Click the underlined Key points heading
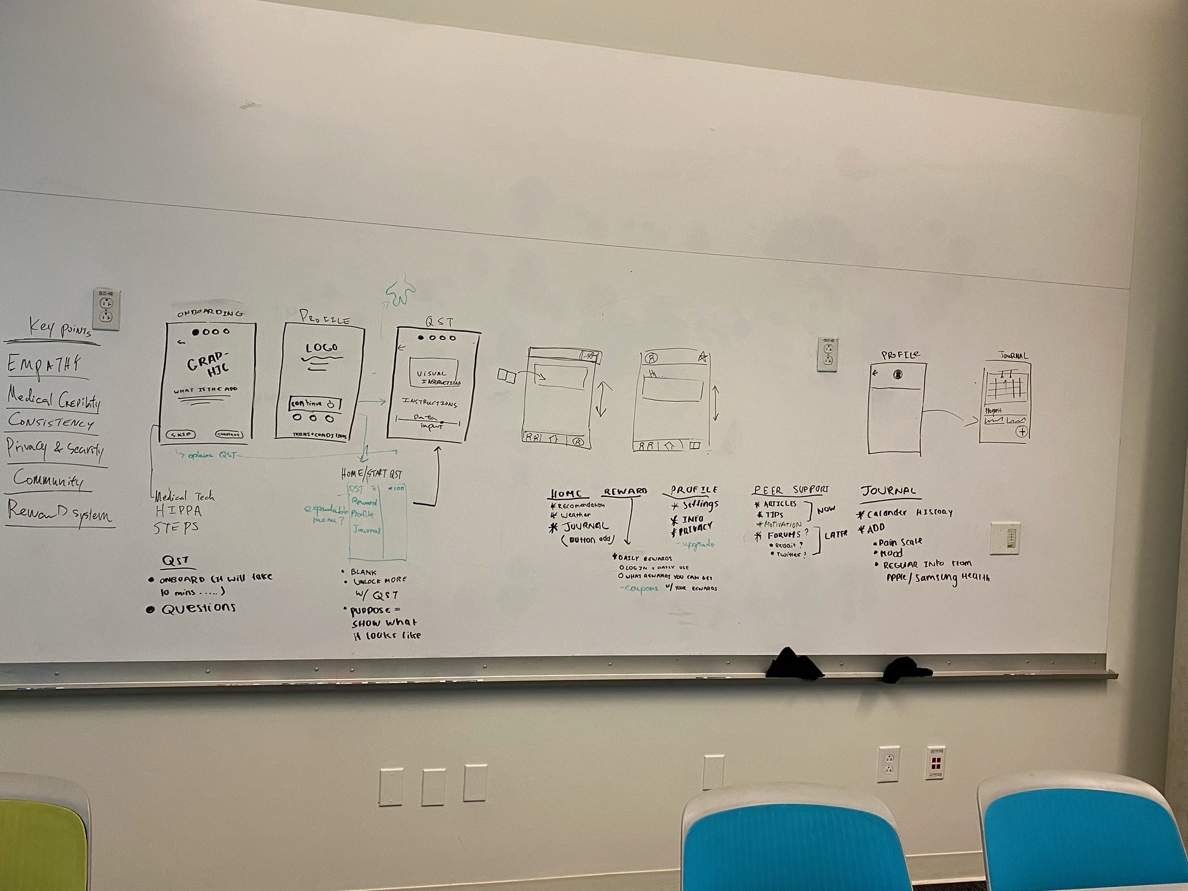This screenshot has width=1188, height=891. pyautogui.click(x=59, y=328)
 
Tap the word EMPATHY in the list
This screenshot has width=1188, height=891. pyautogui.click(x=44, y=364)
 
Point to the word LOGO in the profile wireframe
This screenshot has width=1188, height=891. pyautogui.click(x=321, y=348)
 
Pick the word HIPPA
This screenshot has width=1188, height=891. pyautogui.click(x=178, y=511)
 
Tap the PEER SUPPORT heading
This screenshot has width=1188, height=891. pyautogui.click(x=791, y=490)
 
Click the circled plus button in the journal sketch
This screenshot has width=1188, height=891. pyautogui.click(x=1021, y=432)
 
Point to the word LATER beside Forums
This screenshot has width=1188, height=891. pyautogui.click(x=836, y=534)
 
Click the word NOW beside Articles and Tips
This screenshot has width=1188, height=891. pyautogui.click(x=826, y=509)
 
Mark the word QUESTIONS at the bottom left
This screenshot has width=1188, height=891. pyautogui.click(x=198, y=609)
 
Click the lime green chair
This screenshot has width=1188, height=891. pyautogui.click(x=41, y=837)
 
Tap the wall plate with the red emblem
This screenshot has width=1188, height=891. pyautogui.click(x=935, y=763)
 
